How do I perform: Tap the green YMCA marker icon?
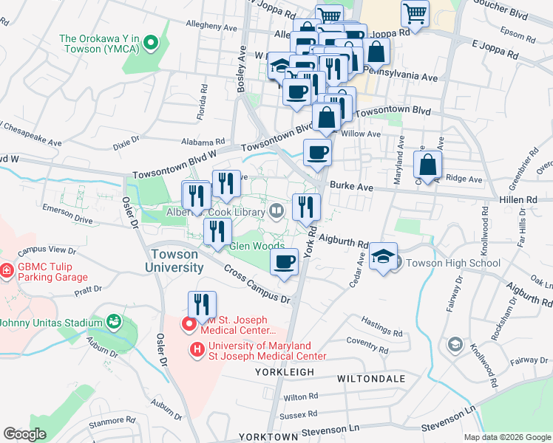151,43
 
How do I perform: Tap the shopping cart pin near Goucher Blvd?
415,14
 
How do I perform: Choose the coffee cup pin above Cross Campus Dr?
284,263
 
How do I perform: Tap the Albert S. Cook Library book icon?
276,212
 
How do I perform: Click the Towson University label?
174,261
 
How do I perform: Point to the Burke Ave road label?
348,188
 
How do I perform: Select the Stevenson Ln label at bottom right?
447,427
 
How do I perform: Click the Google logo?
25,434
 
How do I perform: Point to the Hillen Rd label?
521,199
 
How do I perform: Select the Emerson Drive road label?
67,219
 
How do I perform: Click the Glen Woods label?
257,246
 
